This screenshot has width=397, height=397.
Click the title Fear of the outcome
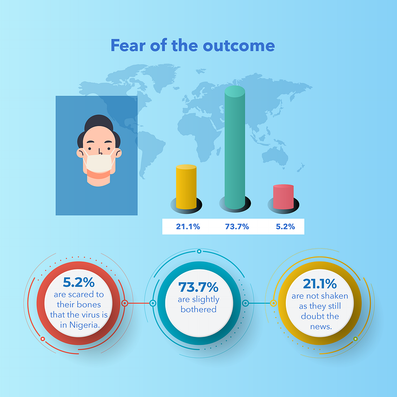pyautogui.click(x=193, y=46)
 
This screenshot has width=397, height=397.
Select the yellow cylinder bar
pyautogui.click(x=186, y=187)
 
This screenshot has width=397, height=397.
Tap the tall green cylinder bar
pyautogui.click(x=235, y=147)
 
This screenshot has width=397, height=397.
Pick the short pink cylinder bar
pyautogui.click(x=283, y=197)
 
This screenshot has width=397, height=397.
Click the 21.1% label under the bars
pyautogui.click(x=188, y=226)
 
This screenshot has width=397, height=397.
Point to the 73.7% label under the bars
pyautogui.click(x=237, y=226)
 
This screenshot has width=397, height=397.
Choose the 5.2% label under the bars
pyautogui.click(x=285, y=226)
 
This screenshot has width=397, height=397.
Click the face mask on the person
pyautogui.click(x=99, y=163)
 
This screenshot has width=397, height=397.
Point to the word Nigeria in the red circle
pyautogui.click(x=84, y=325)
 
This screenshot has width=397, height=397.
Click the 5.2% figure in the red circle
pyautogui.click(x=78, y=282)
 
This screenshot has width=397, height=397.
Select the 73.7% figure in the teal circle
pyautogui.click(x=198, y=287)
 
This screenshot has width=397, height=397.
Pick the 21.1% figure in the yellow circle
pyautogui.click(x=320, y=283)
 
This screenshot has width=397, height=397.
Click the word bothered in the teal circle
pyautogui.click(x=198, y=309)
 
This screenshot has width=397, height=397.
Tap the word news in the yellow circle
pyautogui.click(x=321, y=327)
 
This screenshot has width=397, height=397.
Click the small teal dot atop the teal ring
pyautogui.click(x=199, y=251)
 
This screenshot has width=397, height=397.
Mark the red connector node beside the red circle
pyautogui.click(x=125, y=303)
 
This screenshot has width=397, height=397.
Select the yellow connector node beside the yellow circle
pyautogui.click(x=273, y=303)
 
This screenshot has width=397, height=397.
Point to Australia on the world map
pyautogui.click(x=275, y=155)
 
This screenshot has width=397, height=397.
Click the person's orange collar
pyautogui.click(x=99, y=174)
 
